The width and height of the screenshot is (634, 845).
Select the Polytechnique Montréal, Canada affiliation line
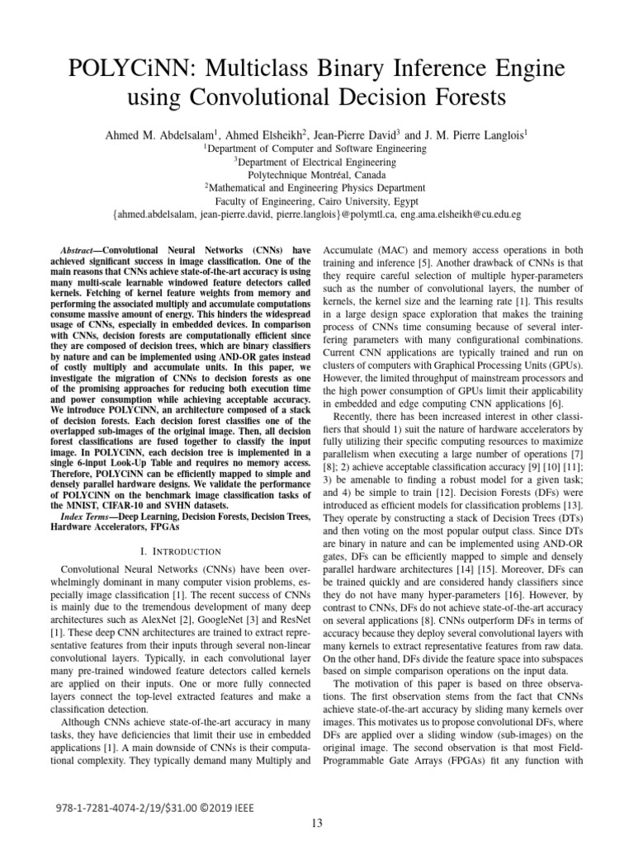[316, 175]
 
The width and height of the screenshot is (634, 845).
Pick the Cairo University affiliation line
[316, 201]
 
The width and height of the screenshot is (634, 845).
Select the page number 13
[317, 822]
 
